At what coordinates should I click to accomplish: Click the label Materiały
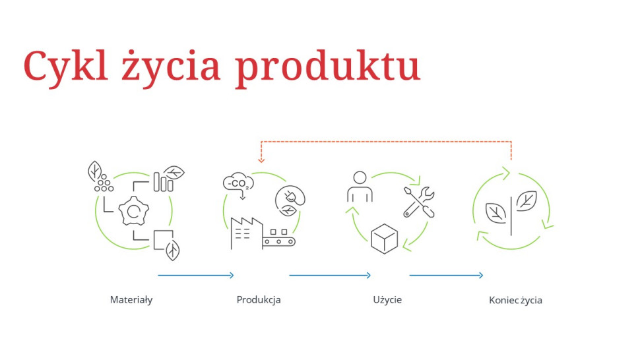(x=131, y=300)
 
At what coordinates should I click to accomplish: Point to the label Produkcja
(x=259, y=300)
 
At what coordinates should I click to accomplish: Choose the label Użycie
(x=387, y=300)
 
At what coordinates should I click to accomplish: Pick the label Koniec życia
(x=515, y=301)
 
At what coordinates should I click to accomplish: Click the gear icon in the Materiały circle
(x=134, y=211)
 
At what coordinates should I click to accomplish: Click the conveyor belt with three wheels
(x=278, y=240)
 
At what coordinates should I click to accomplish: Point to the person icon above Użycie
(x=360, y=187)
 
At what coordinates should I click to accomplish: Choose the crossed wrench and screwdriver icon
(x=419, y=201)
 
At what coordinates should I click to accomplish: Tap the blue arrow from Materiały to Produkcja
(x=196, y=275)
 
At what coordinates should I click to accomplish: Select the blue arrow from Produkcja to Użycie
(x=330, y=275)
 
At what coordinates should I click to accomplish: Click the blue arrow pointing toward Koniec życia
(x=446, y=275)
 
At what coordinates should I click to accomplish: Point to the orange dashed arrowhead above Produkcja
(x=261, y=160)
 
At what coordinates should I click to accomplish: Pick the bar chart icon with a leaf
(x=166, y=179)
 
